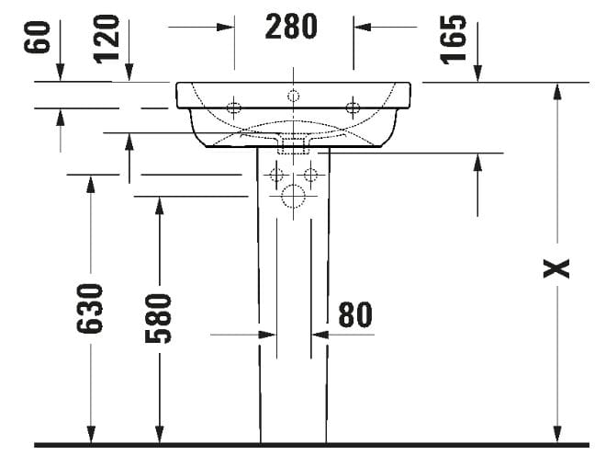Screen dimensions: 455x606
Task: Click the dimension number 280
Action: click(x=292, y=27)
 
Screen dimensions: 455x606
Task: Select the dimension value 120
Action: click(x=108, y=39)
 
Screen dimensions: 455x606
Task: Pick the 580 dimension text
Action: click(x=160, y=316)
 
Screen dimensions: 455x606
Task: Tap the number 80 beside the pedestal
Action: click(x=354, y=314)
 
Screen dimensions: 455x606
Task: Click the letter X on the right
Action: click(x=556, y=267)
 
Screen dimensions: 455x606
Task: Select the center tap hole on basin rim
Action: click(x=293, y=95)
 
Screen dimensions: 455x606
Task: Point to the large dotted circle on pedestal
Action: click(x=293, y=196)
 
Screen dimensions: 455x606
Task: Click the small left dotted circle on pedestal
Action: click(x=275, y=174)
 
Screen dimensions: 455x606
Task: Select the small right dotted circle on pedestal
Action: click(x=310, y=174)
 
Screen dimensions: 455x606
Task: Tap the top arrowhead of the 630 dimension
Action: click(x=91, y=183)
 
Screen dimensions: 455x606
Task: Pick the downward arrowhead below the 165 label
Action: click(x=477, y=74)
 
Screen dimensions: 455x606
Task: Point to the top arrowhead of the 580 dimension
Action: click(x=160, y=205)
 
